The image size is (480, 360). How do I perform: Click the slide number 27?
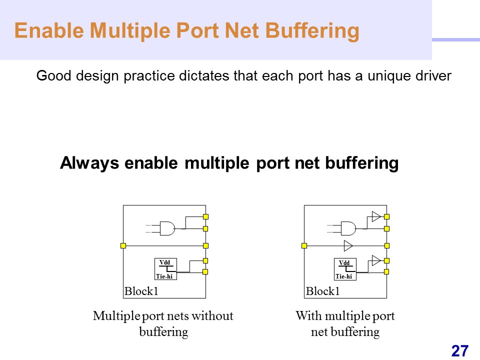[459, 350]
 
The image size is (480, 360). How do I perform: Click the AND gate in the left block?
[167, 228]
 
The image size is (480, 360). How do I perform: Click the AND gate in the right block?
[348, 228]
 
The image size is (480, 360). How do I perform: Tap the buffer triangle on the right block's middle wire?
[348, 245]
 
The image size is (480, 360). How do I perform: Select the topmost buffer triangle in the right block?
[375, 216]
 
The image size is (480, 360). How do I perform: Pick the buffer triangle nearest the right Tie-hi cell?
[375, 260]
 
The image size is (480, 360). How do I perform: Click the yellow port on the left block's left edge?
[123, 245]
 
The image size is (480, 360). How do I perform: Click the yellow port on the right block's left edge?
[304, 245]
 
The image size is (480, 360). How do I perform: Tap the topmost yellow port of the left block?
[205, 216]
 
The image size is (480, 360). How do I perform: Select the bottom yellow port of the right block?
[386, 271]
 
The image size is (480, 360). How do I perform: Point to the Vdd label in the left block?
[164, 262]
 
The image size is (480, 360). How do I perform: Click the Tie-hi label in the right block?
[343, 276]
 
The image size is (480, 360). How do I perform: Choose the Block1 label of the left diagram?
[141, 291]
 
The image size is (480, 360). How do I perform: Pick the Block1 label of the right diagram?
[322, 291]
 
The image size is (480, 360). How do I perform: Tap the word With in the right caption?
[307, 316]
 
